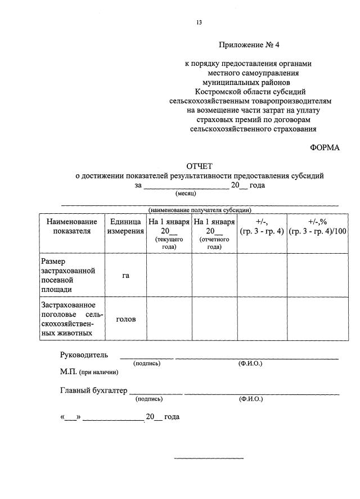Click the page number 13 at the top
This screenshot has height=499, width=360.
tap(199, 23)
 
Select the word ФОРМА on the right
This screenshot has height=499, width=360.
tap(325, 147)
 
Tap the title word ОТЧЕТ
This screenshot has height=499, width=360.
tap(200, 167)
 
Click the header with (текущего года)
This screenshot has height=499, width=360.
tap(169, 233)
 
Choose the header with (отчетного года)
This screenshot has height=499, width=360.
tap(214, 233)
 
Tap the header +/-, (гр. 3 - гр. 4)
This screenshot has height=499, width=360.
tap(262, 227)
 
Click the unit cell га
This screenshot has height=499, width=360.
tap(125, 276)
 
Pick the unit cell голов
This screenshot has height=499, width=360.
tap(125, 319)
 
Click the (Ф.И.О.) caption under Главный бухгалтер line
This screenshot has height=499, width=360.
tap(250, 399)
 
